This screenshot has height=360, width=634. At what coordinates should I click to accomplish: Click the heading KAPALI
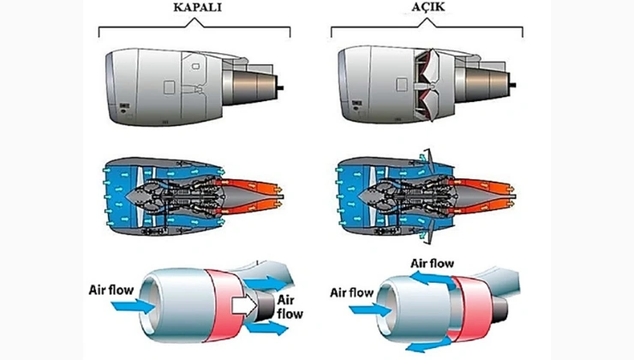click(199, 9)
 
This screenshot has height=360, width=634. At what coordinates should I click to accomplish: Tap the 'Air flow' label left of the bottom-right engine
click(351, 293)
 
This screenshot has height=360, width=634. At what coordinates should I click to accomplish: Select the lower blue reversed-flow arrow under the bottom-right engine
click(426, 345)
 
